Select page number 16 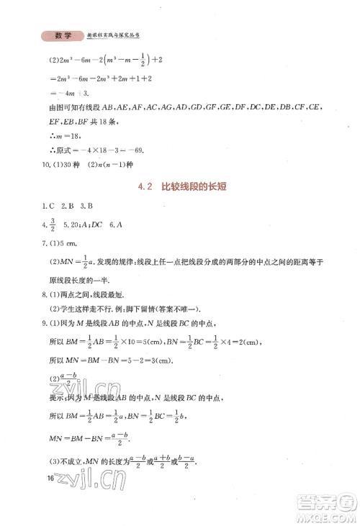tap(49, 478)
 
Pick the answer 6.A tap(118, 225)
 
